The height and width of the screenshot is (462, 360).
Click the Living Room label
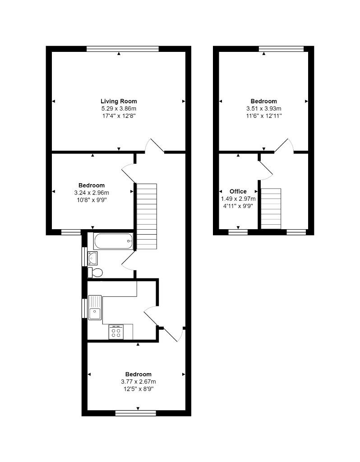(119, 101)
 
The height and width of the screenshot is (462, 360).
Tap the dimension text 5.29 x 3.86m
(119, 109)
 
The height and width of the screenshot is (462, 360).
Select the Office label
(238, 191)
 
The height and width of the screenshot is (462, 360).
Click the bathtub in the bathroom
(113, 241)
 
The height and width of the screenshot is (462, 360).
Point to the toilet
(95, 272)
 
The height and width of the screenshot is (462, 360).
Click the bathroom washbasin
(93, 258)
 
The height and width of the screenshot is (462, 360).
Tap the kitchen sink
(95, 312)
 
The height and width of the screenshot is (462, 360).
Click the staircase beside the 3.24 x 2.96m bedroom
(146, 216)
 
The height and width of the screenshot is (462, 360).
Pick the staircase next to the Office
(271, 208)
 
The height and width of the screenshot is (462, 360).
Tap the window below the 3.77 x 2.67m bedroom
(136, 413)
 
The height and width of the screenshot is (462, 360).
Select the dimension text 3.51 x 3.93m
(264, 109)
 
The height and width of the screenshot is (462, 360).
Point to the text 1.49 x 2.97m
(238, 199)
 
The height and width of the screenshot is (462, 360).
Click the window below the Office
(238, 232)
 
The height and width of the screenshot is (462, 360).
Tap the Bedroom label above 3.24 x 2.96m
(92, 185)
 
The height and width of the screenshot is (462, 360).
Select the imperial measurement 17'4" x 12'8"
(119, 116)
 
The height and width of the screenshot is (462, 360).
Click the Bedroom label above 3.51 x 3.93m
(264, 101)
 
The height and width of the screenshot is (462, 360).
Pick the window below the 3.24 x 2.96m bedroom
(71, 232)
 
